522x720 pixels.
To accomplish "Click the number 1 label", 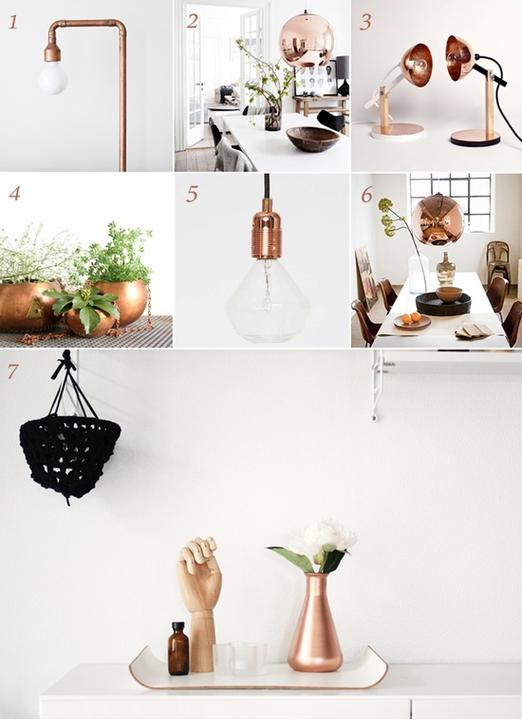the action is [x=13, y=22].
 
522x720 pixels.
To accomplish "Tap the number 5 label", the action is [x=192, y=194].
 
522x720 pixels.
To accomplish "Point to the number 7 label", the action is [x=13, y=371].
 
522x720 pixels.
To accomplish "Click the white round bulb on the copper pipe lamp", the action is [x=52, y=78].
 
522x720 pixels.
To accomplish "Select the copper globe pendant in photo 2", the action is [x=307, y=41].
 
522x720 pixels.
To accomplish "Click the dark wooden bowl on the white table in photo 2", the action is [x=313, y=138].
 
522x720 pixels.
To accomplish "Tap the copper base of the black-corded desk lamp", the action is [x=475, y=137].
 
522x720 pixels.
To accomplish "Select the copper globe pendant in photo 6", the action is [x=438, y=220].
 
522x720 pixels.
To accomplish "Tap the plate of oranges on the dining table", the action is [x=412, y=321].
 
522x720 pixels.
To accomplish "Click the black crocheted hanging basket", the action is [x=69, y=456].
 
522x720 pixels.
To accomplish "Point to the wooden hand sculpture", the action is [x=199, y=602].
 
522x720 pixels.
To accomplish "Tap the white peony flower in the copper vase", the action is [x=328, y=538].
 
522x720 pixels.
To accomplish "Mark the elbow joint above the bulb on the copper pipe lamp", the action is [x=52, y=28].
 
